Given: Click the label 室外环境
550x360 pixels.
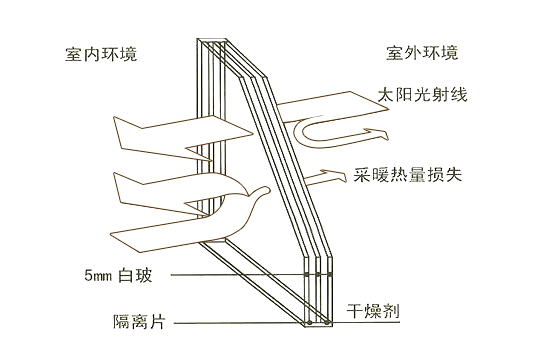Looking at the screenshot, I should [422, 52].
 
